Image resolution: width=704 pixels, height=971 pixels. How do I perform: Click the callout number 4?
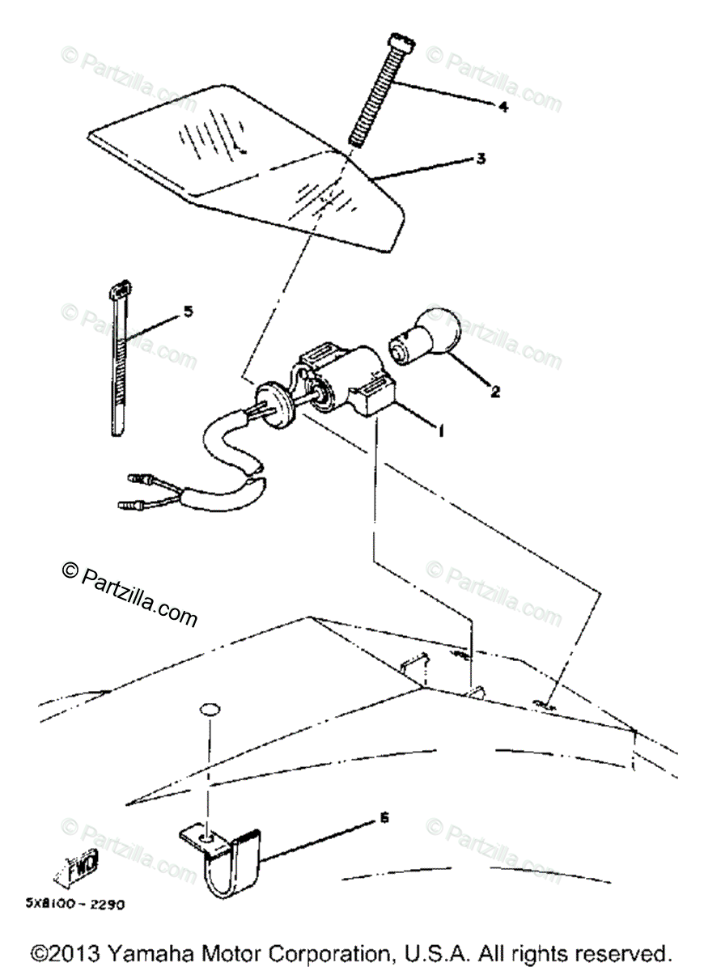pyautogui.click(x=503, y=106)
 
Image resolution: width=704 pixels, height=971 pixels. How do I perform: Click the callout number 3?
pyautogui.click(x=481, y=159)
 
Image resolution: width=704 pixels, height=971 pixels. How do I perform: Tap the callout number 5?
pyautogui.click(x=189, y=311)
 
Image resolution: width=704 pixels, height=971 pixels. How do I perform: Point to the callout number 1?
pyautogui.click(x=440, y=433)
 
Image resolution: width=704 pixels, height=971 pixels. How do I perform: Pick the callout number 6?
pyautogui.click(x=384, y=818)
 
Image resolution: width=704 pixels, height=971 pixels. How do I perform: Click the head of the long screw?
pyautogui.click(x=401, y=40)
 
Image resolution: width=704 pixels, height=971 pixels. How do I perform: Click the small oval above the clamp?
pyautogui.click(x=208, y=710)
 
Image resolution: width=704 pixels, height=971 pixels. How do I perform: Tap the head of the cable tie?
pyautogui.click(x=121, y=288)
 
